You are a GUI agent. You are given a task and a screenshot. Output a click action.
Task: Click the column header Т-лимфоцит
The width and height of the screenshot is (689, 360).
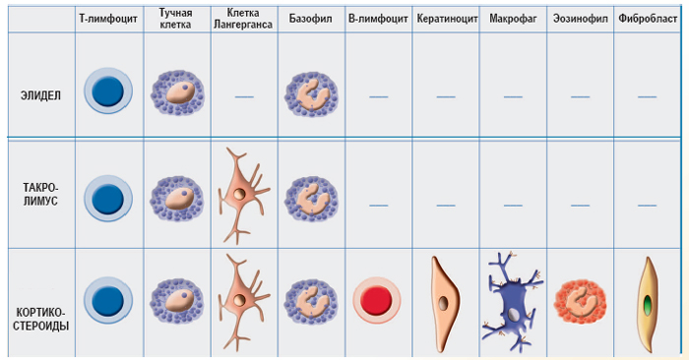point(108,19)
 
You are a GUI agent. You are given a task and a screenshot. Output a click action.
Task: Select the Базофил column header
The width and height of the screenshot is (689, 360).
point(310,19)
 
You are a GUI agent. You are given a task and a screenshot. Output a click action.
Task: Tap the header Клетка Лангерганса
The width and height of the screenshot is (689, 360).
point(243,19)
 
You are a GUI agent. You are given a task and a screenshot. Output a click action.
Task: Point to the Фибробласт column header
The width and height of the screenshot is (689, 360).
point(648,19)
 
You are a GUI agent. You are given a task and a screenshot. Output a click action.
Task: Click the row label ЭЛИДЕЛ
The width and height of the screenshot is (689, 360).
point(41,95)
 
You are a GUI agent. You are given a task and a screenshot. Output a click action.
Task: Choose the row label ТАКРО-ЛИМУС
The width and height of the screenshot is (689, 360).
point(40,195)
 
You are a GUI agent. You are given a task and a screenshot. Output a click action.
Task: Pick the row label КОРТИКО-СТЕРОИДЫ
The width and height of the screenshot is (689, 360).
point(41,319)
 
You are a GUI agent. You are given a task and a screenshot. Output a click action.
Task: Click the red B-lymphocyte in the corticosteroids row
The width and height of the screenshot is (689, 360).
point(377,300)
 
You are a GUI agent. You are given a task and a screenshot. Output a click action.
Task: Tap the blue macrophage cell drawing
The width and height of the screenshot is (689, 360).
point(513,302)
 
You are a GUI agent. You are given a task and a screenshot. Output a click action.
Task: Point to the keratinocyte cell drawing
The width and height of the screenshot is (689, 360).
point(444,304)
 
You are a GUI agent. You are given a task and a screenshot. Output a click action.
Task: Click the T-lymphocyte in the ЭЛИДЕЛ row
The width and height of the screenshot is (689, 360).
point(108,90)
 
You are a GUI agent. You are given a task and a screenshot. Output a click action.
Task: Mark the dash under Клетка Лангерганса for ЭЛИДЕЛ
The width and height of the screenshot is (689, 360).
point(244,96)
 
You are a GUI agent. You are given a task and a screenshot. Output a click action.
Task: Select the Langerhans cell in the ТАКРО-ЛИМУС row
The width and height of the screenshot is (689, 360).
point(242,196)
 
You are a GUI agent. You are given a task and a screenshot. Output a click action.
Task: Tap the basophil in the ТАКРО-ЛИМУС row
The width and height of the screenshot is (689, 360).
point(311,200)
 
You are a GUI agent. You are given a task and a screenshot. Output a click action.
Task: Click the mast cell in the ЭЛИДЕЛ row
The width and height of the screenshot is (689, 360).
point(177,92)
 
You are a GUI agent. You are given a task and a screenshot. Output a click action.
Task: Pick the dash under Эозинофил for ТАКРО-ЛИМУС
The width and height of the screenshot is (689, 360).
point(580,205)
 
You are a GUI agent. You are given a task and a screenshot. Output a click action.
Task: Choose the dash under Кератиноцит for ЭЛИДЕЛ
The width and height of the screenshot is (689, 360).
point(446,96)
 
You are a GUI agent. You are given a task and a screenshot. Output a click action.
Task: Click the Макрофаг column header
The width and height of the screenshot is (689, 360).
point(513,19)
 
